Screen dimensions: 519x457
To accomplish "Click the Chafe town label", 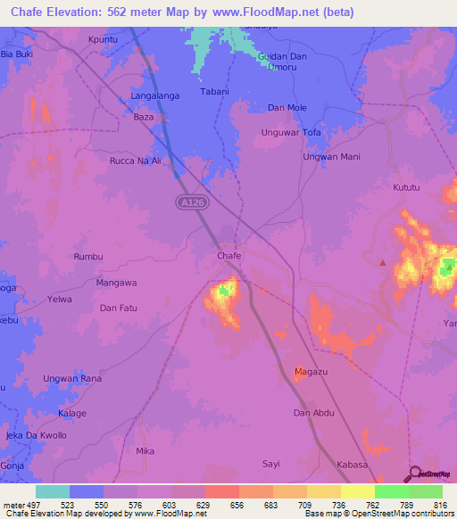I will [229, 256].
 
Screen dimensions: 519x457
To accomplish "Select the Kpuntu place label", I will [104, 39].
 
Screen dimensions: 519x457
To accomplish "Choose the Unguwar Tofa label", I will [290, 133].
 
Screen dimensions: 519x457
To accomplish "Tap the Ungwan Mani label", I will [331, 157].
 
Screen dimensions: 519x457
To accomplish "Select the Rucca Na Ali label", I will [135, 161].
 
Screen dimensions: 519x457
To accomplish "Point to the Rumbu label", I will [87, 257].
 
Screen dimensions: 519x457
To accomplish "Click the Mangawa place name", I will [116, 283].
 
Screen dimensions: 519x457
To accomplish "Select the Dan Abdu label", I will [313, 413].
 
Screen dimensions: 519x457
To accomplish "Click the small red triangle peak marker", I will [383, 262].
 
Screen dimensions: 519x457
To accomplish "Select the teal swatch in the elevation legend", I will [53, 491].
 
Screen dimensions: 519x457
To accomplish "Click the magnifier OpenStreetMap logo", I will [412, 474].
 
